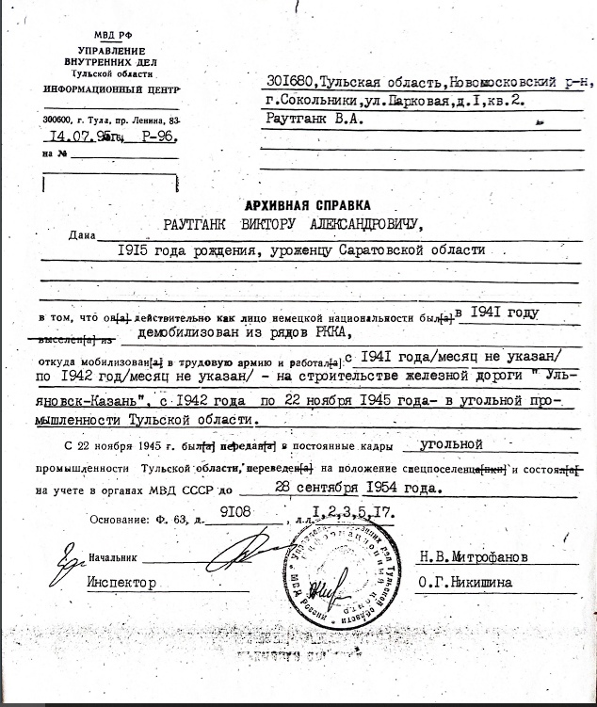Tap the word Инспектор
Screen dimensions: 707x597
[121, 583]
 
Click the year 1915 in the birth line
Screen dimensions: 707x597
[135, 249]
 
